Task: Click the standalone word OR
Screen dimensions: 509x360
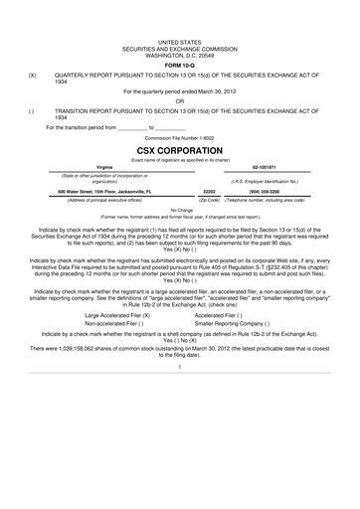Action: (180, 100)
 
